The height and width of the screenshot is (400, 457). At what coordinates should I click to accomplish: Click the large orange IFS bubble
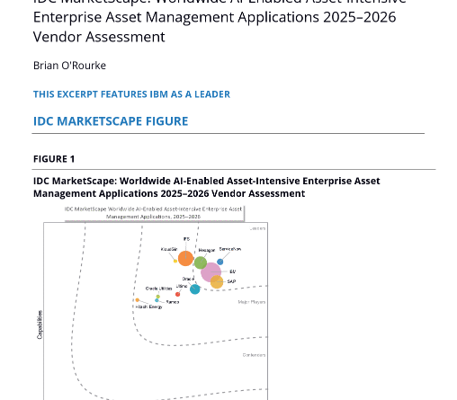click(x=185, y=259)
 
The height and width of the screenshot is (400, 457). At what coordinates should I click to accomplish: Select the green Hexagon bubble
click(x=201, y=263)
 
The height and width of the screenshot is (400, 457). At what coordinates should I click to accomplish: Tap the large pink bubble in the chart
click(x=211, y=271)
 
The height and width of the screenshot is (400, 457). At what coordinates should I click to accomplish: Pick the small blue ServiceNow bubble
click(x=220, y=262)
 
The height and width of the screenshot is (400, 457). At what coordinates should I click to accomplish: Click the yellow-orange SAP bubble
click(x=217, y=282)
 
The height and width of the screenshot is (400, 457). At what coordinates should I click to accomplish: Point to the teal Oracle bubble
click(x=194, y=289)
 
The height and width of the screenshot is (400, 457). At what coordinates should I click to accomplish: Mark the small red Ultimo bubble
click(x=178, y=294)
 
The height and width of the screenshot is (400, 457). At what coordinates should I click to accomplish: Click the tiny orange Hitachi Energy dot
click(x=138, y=300)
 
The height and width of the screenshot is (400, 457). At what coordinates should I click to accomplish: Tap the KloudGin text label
click(x=168, y=249)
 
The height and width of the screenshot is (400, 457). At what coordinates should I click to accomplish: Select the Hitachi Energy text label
click(x=149, y=307)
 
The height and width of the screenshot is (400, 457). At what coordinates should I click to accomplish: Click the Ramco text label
click(x=172, y=302)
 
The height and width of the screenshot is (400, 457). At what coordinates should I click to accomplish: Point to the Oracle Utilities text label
click(x=158, y=289)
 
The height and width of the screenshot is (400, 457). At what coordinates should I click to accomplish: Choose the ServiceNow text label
click(x=230, y=249)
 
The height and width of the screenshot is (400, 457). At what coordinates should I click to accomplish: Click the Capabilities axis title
click(x=39, y=324)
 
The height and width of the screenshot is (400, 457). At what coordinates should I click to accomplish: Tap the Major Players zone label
click(x=252, y=302)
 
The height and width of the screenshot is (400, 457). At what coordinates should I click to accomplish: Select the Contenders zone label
click(x=254, y=355)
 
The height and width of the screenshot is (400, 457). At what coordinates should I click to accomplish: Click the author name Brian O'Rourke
click(x=68, y=65)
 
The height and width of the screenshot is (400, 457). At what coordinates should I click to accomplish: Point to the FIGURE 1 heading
click(x=54, y=159)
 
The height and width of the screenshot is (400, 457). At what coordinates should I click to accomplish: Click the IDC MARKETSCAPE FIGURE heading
click(x=111, y=121)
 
